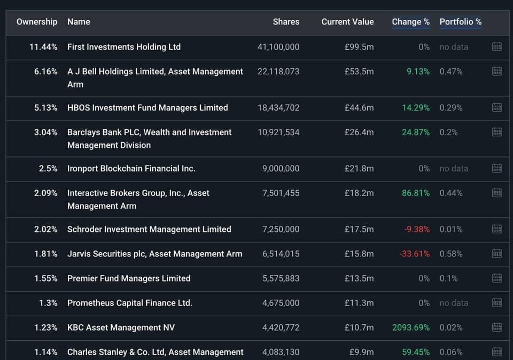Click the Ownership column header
pos(37,22)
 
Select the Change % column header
pos(410,22)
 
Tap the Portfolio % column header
pos(460,22)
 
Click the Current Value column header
pos(347,22)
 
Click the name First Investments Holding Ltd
pos(124,47)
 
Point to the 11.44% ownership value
pos(43,47)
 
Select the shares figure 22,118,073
pos(278,72)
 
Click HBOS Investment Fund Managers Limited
pos(147,108)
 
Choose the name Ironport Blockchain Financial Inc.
pos(131,169)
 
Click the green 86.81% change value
pos(416,193)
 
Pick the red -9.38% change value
pos(417,230)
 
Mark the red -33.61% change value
pos(414,254)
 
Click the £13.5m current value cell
pos(359,279)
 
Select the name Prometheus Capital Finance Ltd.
pos(130,303)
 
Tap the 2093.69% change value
pos(410,328)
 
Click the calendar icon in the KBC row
pos(497,327)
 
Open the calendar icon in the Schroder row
pos(497,229)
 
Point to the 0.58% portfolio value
pos(451,254)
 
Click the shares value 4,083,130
pos(281,353)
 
